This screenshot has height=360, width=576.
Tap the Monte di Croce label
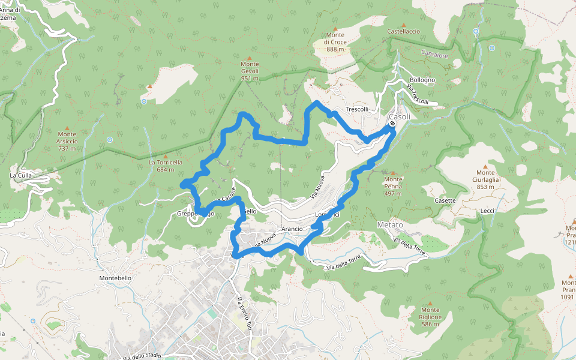click(335, 42)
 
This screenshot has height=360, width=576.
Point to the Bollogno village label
click(422, 80)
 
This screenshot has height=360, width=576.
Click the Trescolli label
click(356, 109)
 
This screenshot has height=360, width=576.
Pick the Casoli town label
click(400, 116)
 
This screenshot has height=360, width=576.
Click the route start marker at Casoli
click(392, 124)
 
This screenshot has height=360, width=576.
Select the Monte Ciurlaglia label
click(486, 179)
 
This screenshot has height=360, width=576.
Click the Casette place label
click(445, 200)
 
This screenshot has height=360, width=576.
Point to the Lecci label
click(487, 211)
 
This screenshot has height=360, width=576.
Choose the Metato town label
click(390, 224)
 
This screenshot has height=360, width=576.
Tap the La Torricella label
click(165, 163)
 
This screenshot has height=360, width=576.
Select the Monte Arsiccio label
click(67, 141)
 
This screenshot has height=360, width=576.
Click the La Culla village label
click(21, 175)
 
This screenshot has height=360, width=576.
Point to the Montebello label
click(115, 278)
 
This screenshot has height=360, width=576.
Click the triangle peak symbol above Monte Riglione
click(430, 304)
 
